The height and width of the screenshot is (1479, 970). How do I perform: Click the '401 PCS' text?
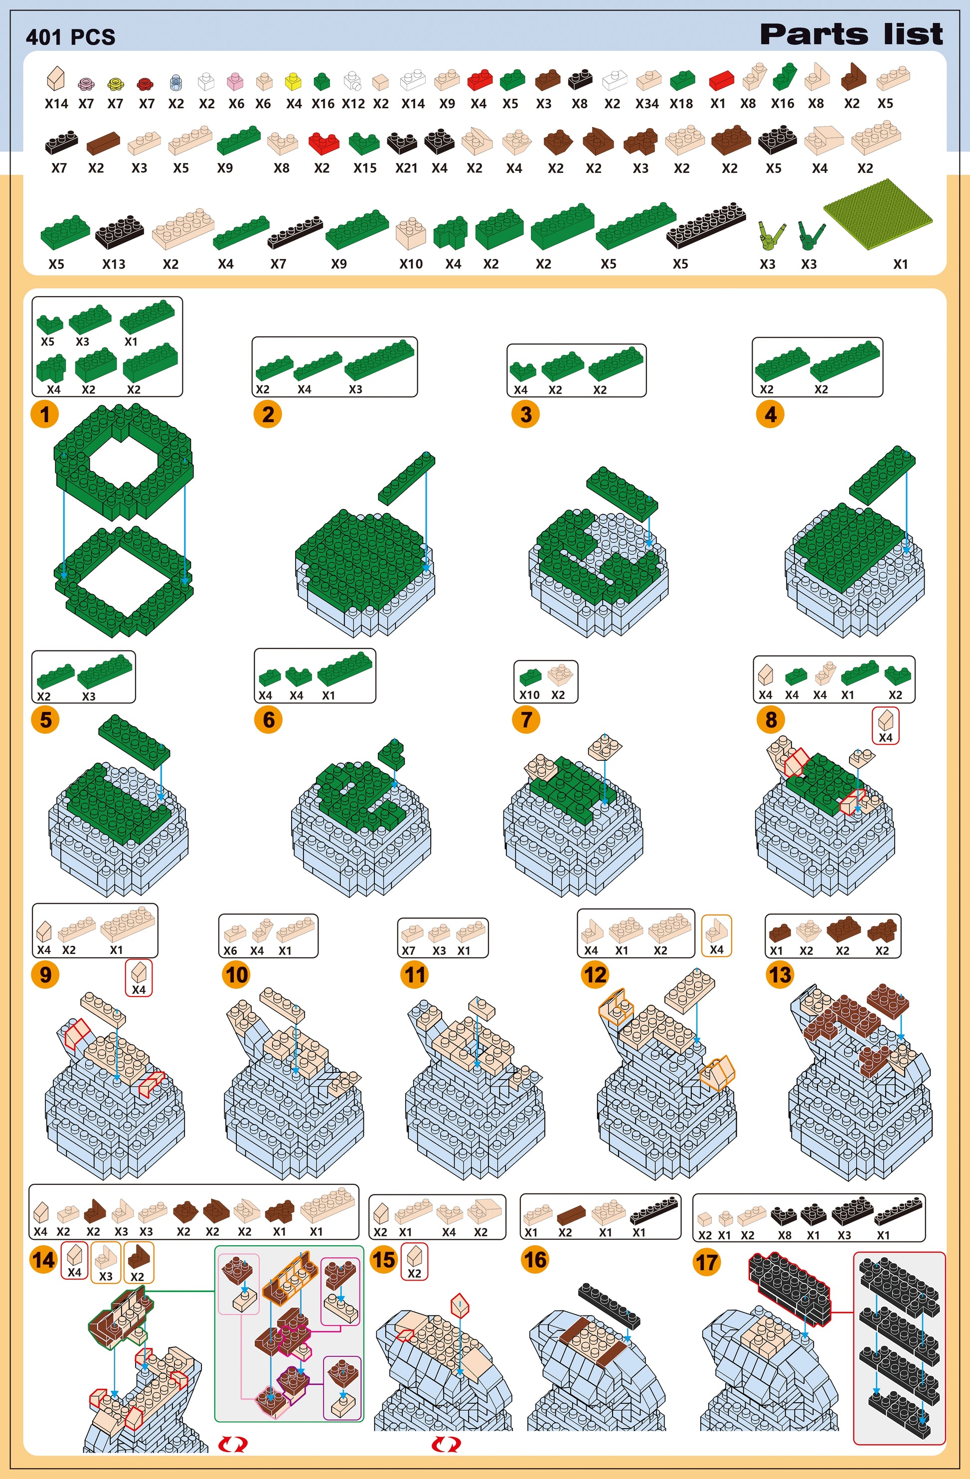pyautogui.click(x=70, y=37)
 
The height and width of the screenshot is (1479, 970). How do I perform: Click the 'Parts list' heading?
pyautogui.click(x=851, y=34)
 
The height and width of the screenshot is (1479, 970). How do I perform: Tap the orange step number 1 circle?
pyautogui.click(x=45, y=414)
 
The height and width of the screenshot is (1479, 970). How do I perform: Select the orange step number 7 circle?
pyautogui.click(x=526, y=720)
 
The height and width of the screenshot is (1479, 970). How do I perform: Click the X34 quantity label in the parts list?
pyautogui.click(x=647, y=104)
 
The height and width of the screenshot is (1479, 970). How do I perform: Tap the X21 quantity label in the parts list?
pyautogui.click(x=406, y=168)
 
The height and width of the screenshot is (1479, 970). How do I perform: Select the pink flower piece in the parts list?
pyautogui.click(x=86, y=83)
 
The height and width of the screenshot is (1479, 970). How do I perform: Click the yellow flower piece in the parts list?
pyautogui.click(x=115, y=83)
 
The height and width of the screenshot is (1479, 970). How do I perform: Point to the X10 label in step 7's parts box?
pyautogui.click(x=529, y=695)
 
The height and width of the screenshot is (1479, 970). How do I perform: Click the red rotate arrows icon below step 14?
pyautogui.click(x=233, y=1444)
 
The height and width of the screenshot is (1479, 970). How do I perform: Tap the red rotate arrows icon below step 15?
pyautogui.click(x=446, y=1444)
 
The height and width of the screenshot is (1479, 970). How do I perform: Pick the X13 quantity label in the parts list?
pyautogui.click(x=114, y=264)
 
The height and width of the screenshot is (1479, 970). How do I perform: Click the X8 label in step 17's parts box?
pyautogui.click(x=784, y=1235)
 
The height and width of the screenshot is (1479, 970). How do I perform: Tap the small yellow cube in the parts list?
pyautogui.click(x=293, y=81)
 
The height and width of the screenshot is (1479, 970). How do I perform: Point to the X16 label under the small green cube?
pyautogui.click(x=323, y=104)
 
